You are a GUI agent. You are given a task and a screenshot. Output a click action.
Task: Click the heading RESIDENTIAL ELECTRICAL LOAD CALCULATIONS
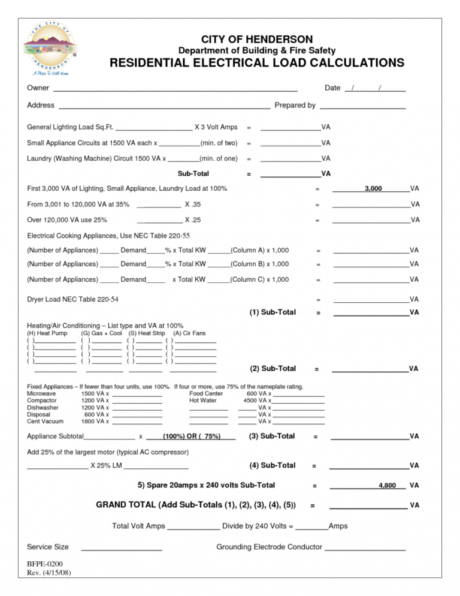tap(256, 64)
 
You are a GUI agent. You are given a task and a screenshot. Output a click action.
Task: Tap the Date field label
tap(332, 88)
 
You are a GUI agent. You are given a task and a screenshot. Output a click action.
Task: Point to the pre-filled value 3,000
tap(373, 188)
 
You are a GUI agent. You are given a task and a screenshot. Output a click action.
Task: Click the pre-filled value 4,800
tap(387, 485)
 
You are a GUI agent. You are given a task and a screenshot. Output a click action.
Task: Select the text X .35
tap(193, 204)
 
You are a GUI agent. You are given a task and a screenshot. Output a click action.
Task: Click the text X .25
tap(193, 220)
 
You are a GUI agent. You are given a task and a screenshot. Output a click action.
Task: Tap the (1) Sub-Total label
tap(273, 312)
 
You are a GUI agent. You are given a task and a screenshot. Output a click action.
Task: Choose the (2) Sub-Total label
tap(273, 368)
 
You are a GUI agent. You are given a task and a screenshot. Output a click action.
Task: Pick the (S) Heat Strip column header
tap(147, 333)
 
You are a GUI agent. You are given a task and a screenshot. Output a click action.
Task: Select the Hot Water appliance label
tap(203, 400)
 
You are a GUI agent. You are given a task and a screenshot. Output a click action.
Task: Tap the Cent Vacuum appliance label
tap(46, 422)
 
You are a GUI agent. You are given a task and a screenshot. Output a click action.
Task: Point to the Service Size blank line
tap(121, 547)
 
